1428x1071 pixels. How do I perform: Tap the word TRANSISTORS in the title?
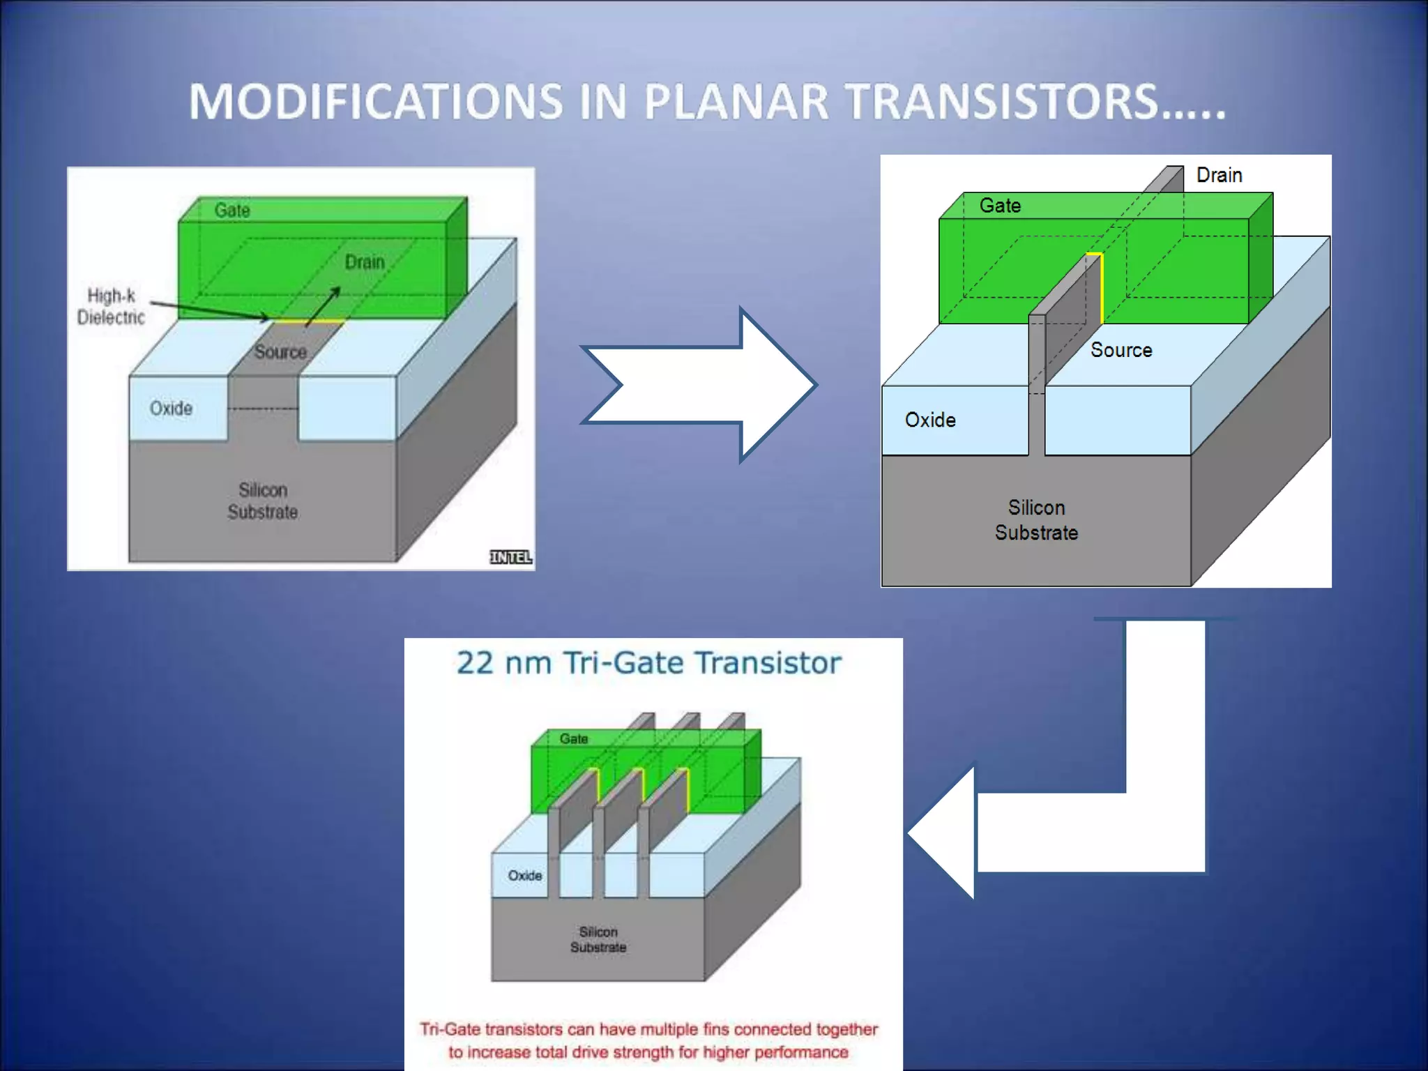(1004, 102)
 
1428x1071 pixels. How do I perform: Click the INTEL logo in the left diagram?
(510, 557)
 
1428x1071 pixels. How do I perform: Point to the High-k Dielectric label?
(111, 307)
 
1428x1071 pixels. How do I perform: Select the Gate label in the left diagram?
(232, 211)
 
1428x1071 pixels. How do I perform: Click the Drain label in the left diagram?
(365, 262)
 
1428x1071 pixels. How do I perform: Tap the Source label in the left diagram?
(280, 352)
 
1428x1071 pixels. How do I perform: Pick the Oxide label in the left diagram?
(171, 409)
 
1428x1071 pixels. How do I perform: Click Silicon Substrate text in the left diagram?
(263, 501)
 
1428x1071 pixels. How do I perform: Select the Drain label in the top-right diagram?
(1219, 175)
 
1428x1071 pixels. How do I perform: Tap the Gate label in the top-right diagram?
(1000, 206)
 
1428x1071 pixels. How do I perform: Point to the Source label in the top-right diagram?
(1121, 350)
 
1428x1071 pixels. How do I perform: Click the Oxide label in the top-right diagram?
(930, 420)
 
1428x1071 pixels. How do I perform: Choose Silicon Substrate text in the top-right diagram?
(1036, 520)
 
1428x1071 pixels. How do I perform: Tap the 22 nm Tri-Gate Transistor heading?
(648, 663)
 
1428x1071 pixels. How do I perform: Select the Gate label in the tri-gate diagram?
(574, 739)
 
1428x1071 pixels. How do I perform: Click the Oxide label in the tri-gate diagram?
(525, 876)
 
